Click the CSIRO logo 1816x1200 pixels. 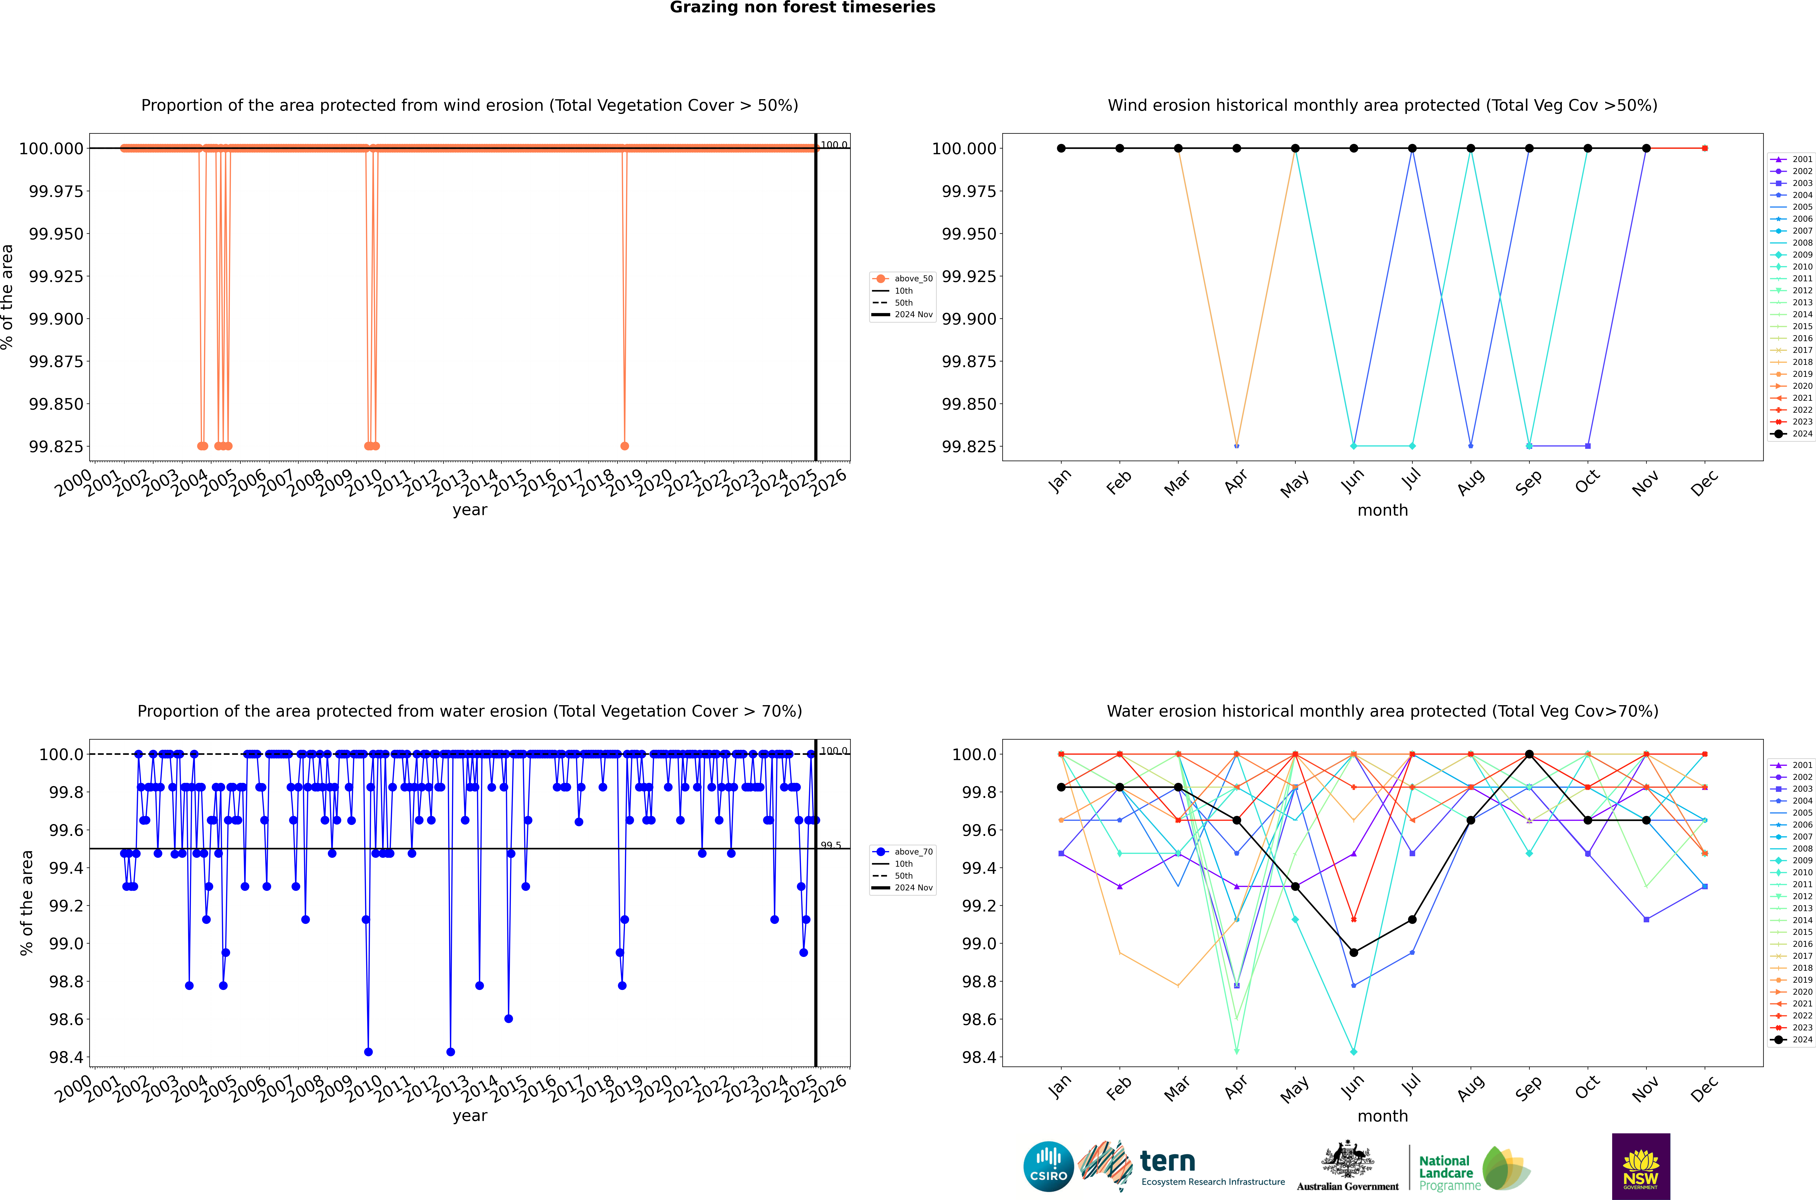1048,1166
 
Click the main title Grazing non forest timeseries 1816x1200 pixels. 802,8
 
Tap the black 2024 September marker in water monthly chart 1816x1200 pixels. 1529,754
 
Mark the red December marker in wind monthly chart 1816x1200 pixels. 1704,149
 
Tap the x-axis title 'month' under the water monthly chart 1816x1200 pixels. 1382,1116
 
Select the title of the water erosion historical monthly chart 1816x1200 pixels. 1382,711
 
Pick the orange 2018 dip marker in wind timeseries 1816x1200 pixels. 624,446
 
